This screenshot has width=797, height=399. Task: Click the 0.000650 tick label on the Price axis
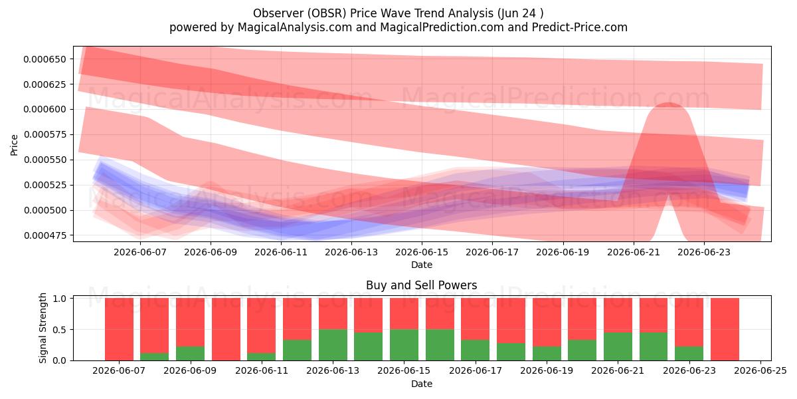(x=45, y=59)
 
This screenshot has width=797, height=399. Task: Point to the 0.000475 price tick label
(x=45, y=235)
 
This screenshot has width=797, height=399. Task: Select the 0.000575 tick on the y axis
(x=45, y=134)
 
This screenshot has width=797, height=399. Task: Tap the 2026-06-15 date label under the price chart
(x=422, y=252)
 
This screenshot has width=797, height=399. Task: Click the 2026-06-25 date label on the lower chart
(x=760, y=371)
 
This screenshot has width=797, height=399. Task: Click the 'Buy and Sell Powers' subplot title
(x=422, y=285)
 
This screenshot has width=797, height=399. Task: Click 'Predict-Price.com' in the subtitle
(x=580, y=27)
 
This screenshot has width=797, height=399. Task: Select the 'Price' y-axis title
(x=14, y=145)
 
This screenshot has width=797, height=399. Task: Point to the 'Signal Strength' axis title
(x=43, y=328)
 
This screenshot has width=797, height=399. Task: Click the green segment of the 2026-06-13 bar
(x=333, y=345)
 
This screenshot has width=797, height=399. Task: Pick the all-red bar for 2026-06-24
(x=725, y=329)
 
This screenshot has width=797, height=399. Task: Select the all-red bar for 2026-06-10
(x=226, y=329)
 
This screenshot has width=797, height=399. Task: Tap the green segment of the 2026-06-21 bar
(x=618, y=346)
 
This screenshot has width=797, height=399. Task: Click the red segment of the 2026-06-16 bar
(x=440, y=314)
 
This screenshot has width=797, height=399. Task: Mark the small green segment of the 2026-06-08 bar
(x=154, y=356)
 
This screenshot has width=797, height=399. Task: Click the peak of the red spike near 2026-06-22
(x=669, y=103)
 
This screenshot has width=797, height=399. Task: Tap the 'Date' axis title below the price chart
(x=422, y=265)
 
